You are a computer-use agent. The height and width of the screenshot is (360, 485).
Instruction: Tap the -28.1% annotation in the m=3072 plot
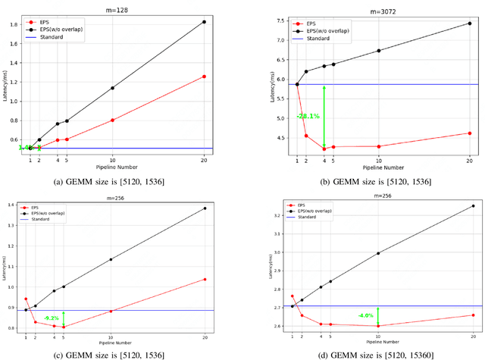click(308, 116)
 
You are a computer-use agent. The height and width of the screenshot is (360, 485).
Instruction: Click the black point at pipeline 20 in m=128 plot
click(204, 22)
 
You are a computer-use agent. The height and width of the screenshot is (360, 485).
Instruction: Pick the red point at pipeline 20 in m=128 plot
click(204, 77)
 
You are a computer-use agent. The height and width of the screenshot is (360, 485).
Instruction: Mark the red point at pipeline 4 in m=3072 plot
click(324, 149)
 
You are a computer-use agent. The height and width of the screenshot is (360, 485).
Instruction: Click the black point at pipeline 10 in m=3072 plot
click(379, 51)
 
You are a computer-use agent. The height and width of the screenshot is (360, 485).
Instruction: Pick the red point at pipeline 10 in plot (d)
click(378, 326)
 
